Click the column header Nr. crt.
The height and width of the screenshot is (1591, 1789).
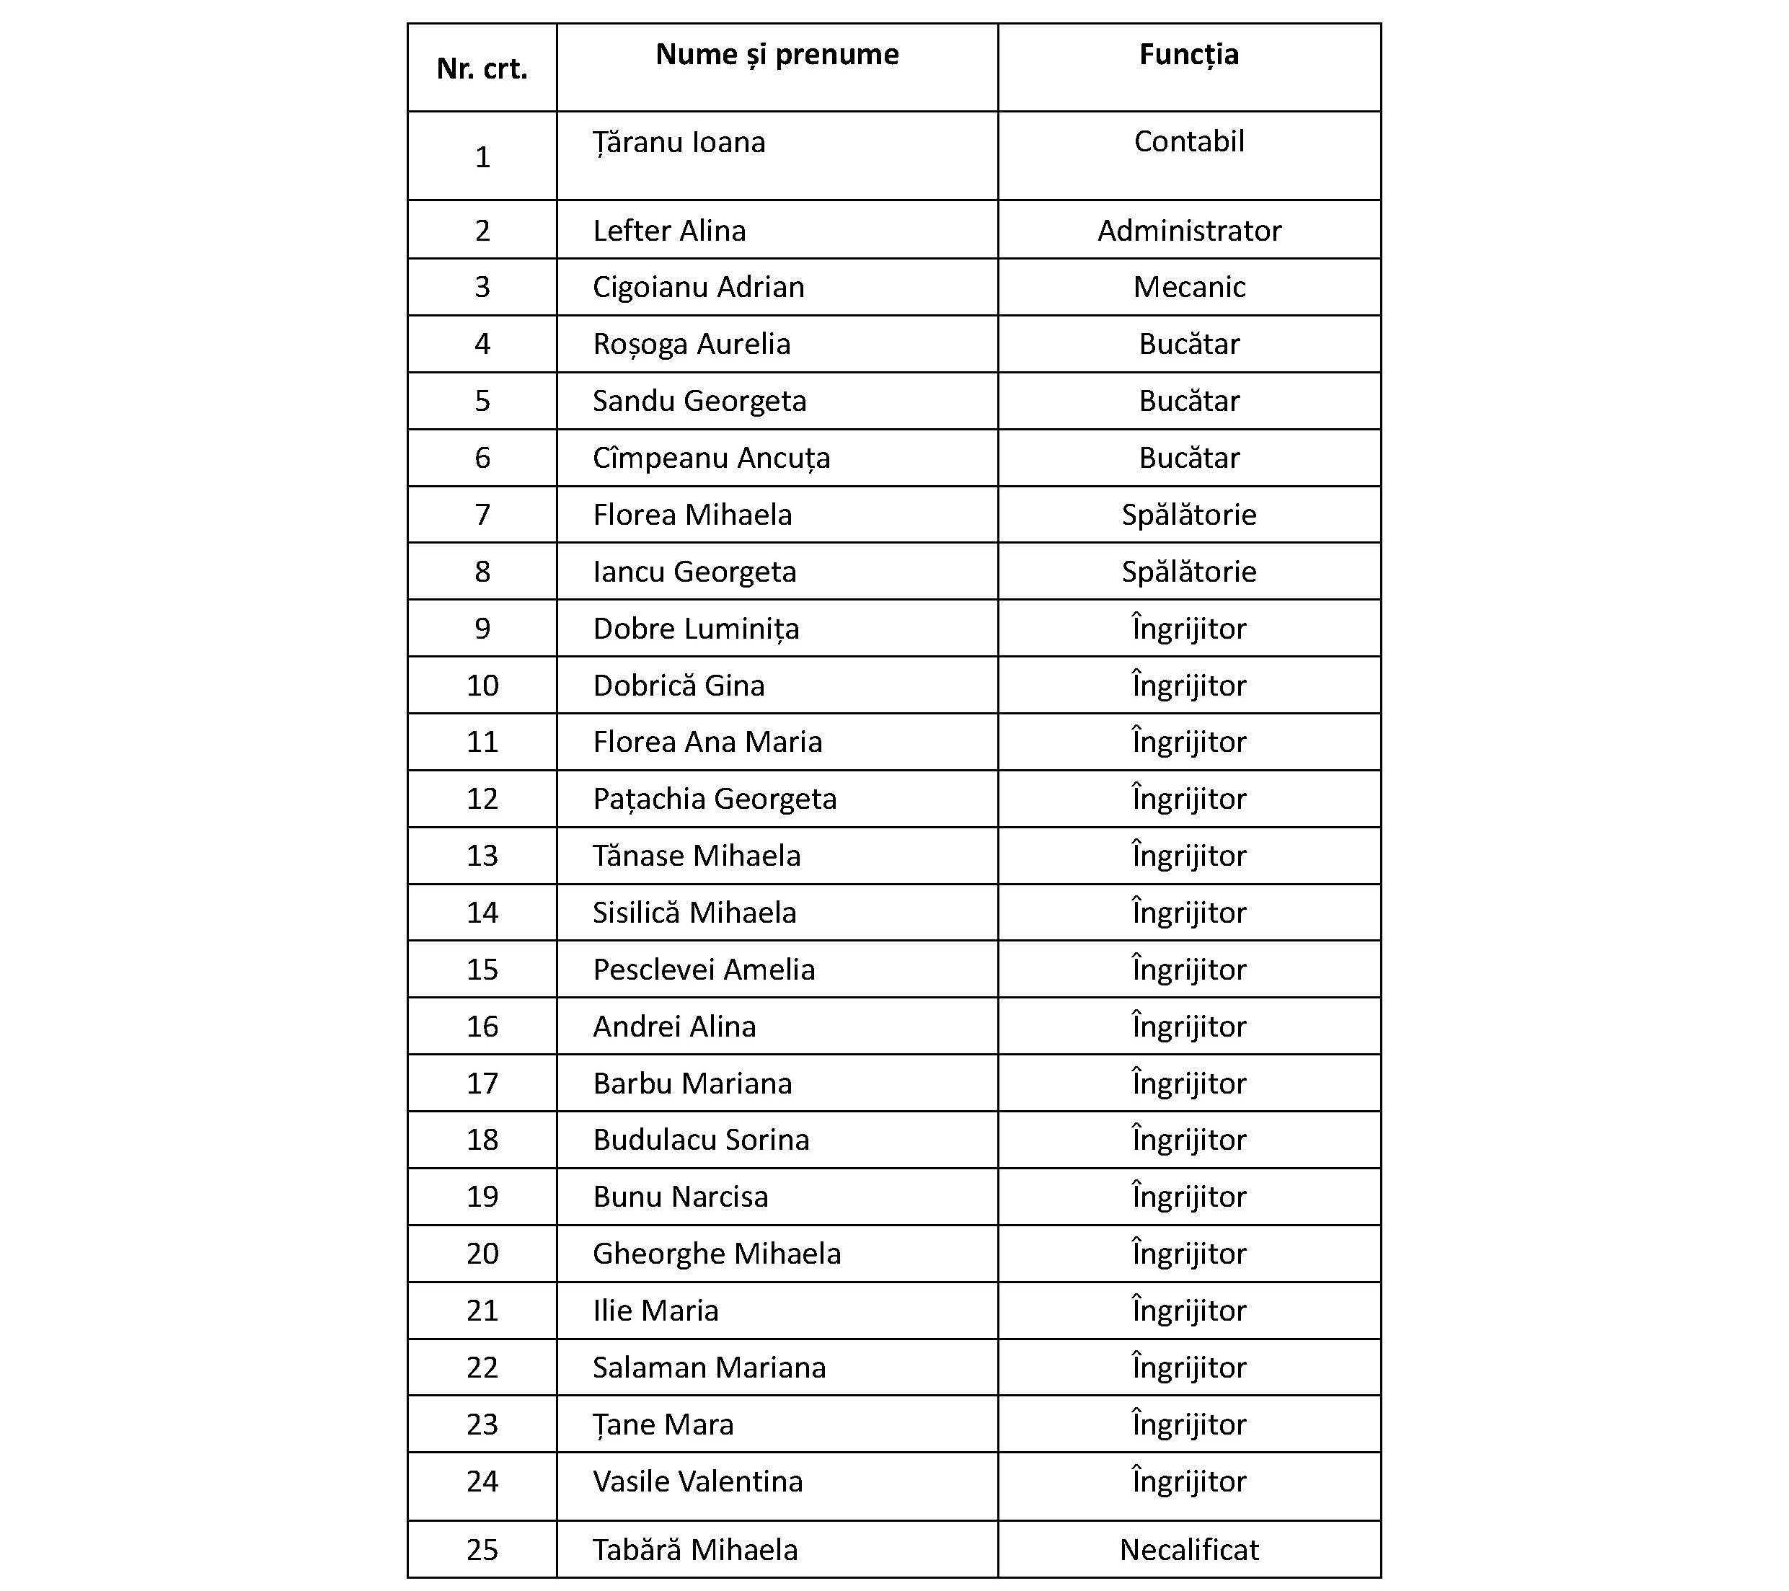click(482, 69)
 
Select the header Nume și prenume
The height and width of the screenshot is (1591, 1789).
click(777, 55)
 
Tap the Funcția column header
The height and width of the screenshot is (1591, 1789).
click(1188, 55)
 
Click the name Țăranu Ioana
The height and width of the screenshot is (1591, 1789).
click(679, 143)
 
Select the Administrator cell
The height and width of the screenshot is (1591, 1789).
click(1188, 231)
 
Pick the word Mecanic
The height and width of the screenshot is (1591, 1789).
click(1188, 287)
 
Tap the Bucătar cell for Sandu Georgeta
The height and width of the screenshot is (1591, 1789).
click(1188, 401)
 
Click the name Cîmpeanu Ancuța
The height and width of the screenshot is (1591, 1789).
click(711, 458)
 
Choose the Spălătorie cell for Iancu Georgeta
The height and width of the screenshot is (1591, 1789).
click(1188, 572)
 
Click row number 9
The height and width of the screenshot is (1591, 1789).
click(482, 629)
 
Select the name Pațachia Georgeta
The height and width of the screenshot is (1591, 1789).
click(714, 799)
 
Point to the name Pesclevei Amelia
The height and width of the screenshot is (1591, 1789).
click(704, 970)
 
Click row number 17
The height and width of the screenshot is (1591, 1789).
click(482, 1083)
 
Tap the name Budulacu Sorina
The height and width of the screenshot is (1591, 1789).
click(701, 1140)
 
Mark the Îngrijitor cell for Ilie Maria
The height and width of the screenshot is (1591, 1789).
click(1188, 1310)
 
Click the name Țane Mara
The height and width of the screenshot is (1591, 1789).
click(663, 1424)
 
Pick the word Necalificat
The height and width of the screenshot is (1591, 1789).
click(1188, 1550)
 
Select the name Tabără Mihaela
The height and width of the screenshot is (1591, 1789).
click(695, 1550)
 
